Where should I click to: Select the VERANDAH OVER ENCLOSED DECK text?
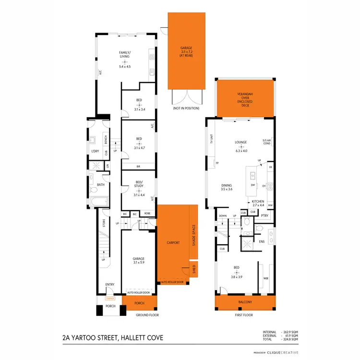245,98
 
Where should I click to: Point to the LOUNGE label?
240,142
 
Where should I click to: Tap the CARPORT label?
173,243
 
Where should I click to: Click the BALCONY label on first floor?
245,302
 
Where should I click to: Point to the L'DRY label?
95,152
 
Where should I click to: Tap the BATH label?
101,184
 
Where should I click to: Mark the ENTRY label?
110,285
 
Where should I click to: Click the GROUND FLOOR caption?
147,315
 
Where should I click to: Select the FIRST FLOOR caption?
244,315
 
